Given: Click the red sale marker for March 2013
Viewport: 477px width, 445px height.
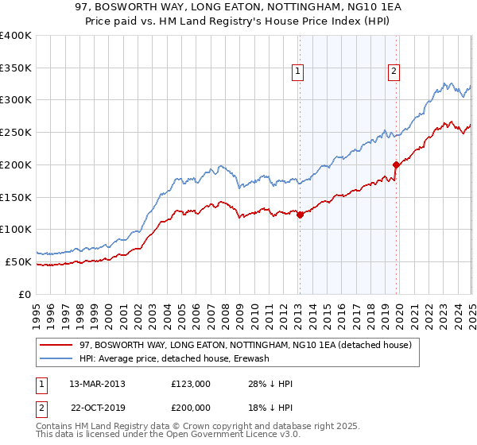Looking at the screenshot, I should pos(300,214).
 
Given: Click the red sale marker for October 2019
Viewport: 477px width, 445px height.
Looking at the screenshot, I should pos(396,164).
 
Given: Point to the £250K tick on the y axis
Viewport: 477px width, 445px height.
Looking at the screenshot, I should pos(16,132).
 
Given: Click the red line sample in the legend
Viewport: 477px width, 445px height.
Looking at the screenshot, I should pos(56,345).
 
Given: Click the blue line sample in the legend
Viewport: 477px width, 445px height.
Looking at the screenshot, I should pos(56,358).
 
